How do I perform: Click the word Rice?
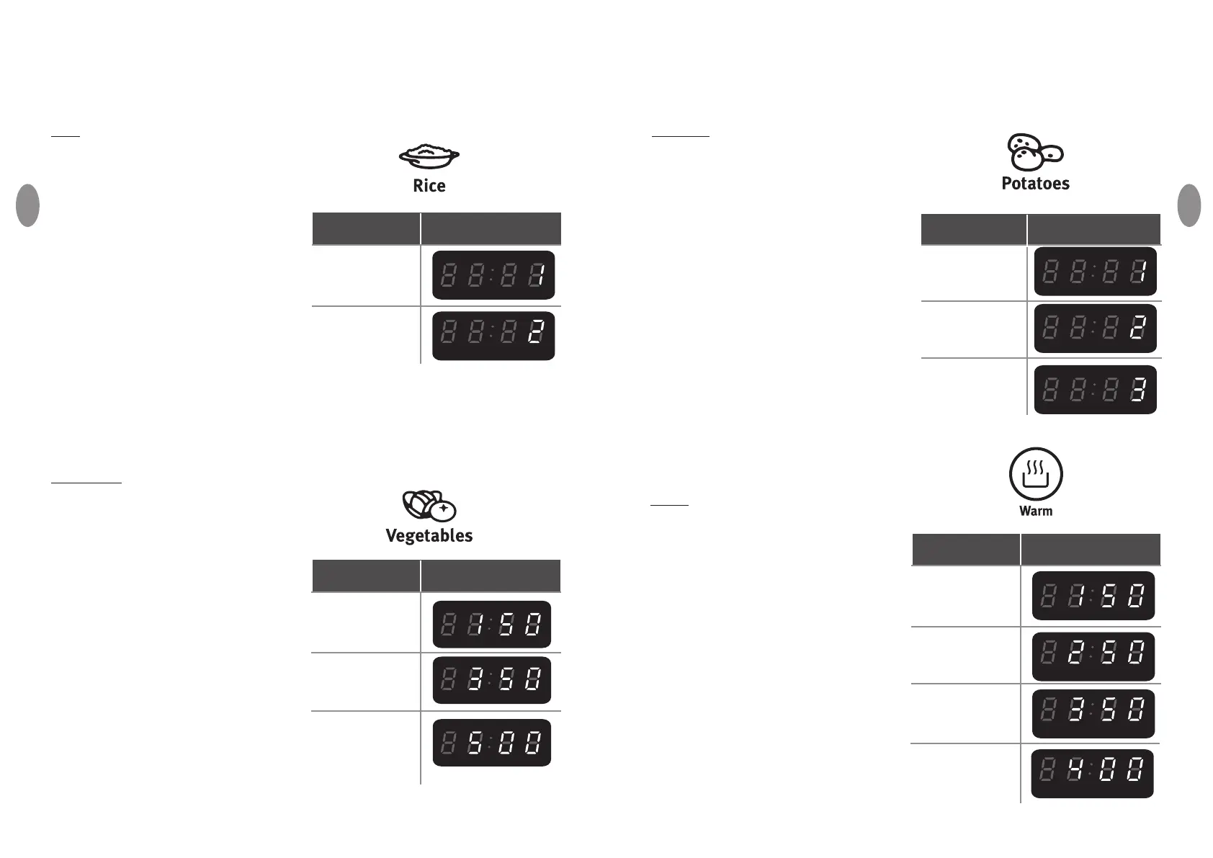pos(429,186)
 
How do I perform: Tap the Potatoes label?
pos(1035,184)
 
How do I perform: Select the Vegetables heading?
pos(429,536)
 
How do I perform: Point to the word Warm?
pos(1035,511)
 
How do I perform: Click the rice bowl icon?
pos(429,155)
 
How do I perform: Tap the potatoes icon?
pos(1034,151)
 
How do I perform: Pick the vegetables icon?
pos(429,505)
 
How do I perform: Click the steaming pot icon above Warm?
pos(1035,473)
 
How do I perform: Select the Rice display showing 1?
pos(493,275)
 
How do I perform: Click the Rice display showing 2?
pos(493,336)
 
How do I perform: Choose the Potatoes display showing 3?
pos(1095,390)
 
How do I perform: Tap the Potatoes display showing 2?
pos(1095,329)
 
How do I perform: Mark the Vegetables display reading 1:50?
pos(491,624)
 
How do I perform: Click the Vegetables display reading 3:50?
pos(491,680)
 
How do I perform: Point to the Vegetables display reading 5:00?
pos(491,743)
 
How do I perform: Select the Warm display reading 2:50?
pos(1093,656)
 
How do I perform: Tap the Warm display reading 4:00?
pos(1092,774)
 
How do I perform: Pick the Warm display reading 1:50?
pos(1093,596)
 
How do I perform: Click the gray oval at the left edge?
pos(27,205)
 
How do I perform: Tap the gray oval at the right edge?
pos(1189,205)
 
